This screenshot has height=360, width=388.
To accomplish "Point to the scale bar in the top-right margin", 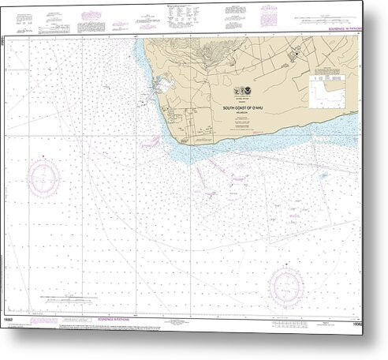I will (330, 14).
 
